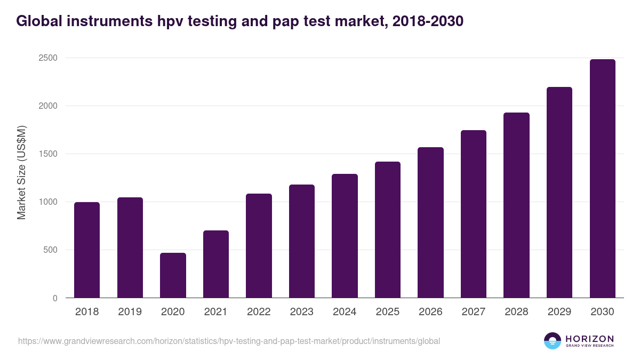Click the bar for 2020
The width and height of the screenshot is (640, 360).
pyautogui.click(x=173, y=275)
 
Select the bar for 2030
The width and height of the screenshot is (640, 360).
pyautogui.click(x=602, y=179)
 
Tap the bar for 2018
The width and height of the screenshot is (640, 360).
pyautogui.click(x=87, y=250)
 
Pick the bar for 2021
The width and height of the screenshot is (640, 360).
pyautogui.click(x=216, y=264)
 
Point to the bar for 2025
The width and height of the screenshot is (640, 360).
pyautogui.click(x=388, y=230)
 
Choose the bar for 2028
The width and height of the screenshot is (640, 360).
pyautogui.click(x=516, y=205)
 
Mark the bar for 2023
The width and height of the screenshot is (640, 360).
pyautogui.click(x=302, y=241)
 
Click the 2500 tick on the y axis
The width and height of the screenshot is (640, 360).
pyautogui.click(x=49, y=58)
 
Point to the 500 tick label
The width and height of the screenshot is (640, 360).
pyautogui.click(x=51, y=250)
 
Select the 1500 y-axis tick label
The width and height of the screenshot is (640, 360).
pyautogui.click(x=49, y=154)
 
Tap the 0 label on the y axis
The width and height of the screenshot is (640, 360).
pyautogui.click(x=55, y=298)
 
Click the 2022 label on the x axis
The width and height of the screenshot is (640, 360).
pyautogui.click(x=259, y=312)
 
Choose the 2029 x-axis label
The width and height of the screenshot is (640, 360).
pyautogui.click(x=559, y=312)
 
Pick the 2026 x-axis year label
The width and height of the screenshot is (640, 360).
pyautogui.click(x=430, y=312)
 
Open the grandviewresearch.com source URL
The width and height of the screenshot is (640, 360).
pyautogui.click(x=229, y=341)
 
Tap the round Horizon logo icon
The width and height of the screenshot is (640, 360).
pyautogui.click(x=553, y=341)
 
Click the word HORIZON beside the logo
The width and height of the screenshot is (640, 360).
pyautogui.click(x=589, y=339)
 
